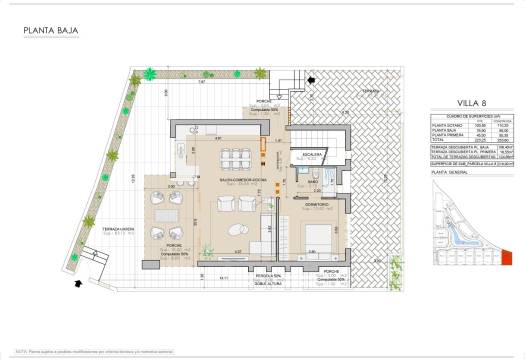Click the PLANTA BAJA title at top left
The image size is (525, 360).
pos(49,30)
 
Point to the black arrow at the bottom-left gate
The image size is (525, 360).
pos(77,283)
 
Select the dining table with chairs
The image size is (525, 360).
pos(232,158)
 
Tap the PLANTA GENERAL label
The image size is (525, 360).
pos(449,171)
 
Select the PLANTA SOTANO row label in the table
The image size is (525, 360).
pos(444,125)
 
